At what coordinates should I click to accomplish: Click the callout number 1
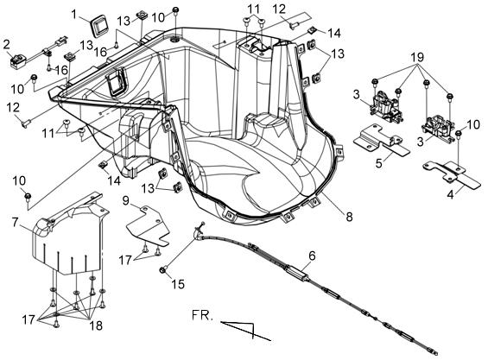point(74,15)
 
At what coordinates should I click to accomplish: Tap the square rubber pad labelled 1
point(98,28)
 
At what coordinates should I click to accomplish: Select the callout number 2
point(7,45)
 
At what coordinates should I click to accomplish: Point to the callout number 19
point(417,57)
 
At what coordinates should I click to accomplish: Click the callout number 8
point(349,217)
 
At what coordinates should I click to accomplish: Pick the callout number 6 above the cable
point(312,256)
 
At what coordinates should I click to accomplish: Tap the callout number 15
point(178,283)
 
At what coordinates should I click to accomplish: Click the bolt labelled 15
point(163,269)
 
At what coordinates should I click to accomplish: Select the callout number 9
point(126,200)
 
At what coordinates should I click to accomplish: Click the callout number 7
point(16,223)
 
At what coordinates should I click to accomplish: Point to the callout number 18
point(96,325)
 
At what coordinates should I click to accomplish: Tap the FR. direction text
point(203,315)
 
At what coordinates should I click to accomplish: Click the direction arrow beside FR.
point(246,331)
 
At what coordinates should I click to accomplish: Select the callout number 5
point(379,162)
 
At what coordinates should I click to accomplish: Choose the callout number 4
point(450,195)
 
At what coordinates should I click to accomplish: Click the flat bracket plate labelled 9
point(149,225)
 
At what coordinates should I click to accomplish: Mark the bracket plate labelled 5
point(380,139)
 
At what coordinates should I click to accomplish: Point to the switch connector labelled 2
point(17,61)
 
